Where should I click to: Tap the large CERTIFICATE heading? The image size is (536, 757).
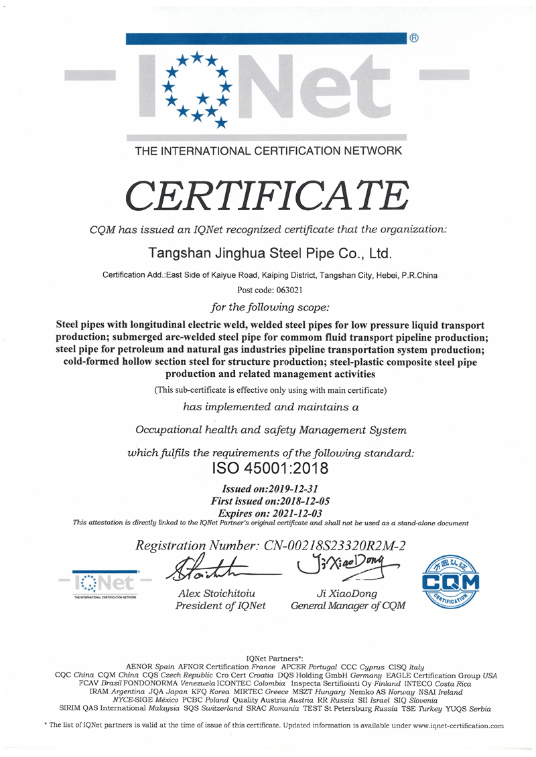[x=267, y=194]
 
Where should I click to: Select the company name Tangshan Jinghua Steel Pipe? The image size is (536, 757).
[x=267, y=254]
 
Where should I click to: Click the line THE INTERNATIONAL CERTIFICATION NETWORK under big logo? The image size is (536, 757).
[x=268, y=151]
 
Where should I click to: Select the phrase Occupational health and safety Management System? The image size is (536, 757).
[x=271, y=429]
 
